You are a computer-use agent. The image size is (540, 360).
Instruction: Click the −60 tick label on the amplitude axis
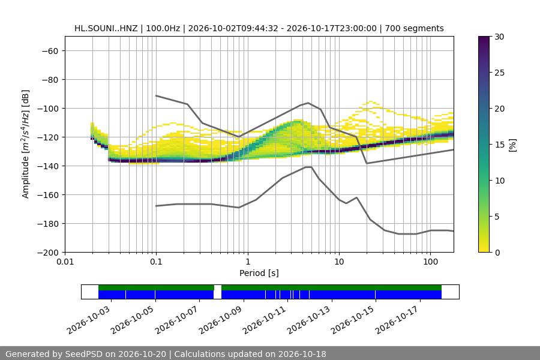point(50,51)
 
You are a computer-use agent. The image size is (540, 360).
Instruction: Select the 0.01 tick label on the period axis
point(65,262)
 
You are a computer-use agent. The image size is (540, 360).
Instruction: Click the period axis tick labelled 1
point(248,262)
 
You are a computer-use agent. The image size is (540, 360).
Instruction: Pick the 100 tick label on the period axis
point(430,262)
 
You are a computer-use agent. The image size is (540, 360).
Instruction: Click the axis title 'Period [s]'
point(259,273)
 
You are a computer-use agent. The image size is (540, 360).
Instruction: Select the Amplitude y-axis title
point(26,144)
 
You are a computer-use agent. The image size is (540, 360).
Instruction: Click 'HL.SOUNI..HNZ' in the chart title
point(106,28)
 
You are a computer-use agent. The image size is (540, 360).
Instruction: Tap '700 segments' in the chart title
point(414,28)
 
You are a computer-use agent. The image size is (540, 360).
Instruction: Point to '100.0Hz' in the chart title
point(163,28)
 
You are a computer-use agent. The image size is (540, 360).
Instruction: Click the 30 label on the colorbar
point(499,37)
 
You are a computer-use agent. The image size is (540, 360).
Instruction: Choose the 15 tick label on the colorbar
point(499,145)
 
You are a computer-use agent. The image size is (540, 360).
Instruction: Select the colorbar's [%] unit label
point(513,145)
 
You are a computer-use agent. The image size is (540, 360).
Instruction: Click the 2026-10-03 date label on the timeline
point(89,320)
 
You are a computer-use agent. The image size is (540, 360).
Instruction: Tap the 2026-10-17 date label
point(398,320)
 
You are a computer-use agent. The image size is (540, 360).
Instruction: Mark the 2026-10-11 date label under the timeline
point(266,320)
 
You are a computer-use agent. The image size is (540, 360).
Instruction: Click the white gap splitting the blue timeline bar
point(217,295)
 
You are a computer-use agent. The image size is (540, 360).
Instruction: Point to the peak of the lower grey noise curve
point(308,167)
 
